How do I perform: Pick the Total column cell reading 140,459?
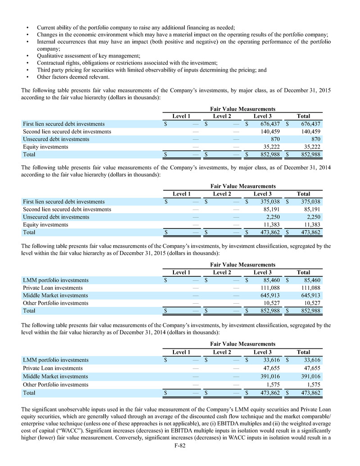pyautogui.click(x=309, y=132)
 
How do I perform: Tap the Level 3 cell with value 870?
pyautogui.click(x=275, y=139)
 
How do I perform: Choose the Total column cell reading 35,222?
pyautogui.click(x=311, y=147)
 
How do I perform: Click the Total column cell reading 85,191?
pyautogui.click(x=311, y=210)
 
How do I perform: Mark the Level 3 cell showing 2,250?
pyautogui.click(x=273, y=217)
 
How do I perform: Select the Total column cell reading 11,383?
pyautogui.click(x=311, y=225)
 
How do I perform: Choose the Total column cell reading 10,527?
pyautogui.click(x=311, y=303)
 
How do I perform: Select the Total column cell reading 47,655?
pyautogui.click(x=311, y=368)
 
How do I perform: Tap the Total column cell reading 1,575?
pyautogui.click(x=313, y=385)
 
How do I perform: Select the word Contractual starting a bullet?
pyautogui.click(x=52, y=63)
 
